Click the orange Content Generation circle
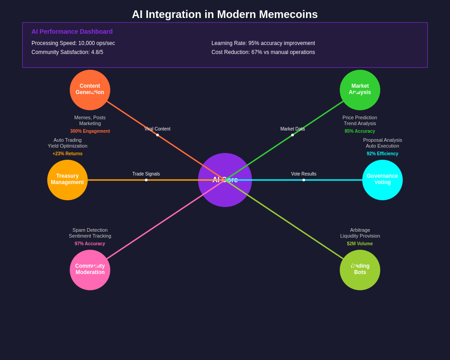tap(90, 90)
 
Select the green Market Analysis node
tap(360, 90)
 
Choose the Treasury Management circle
tap(67, 180)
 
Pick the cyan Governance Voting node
tap(382, 180)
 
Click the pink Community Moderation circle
tap(90, 270)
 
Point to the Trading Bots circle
tap(360, 270)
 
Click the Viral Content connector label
tap(157, 129)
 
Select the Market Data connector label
tap(292, 129)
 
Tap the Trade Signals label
tap(146, 174)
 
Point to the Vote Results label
tap(304, 174)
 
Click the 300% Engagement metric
tap(90, 131)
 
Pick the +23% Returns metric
tap(67, 154)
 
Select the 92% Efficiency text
tap(382, 154)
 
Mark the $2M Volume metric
tap(360, 244)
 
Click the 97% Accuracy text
tap(90, 244)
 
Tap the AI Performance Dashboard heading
tap(72, 31)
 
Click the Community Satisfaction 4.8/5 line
tap(67, 52)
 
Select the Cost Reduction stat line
tap(263, 52)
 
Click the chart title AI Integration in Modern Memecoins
tap(225, 14)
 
